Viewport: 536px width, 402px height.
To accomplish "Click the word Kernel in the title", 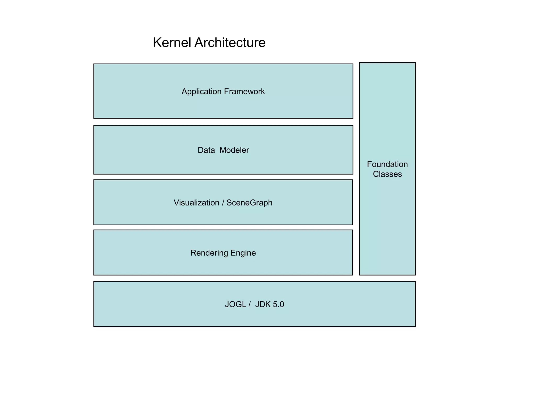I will pos(172,42).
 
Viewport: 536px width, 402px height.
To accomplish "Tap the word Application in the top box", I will pos(202,92).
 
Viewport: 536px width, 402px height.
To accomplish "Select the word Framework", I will pos(244,92).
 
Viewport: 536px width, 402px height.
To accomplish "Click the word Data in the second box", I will pos(206,150).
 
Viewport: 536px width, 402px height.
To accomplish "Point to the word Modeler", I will pos(234,150).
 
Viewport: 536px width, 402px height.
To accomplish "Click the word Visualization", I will pos(196,203).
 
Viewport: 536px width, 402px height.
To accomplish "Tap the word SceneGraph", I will pos(249,203).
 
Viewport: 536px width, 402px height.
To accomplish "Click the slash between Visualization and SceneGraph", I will pos(223,203).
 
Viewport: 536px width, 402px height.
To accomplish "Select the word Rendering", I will pos(209,253).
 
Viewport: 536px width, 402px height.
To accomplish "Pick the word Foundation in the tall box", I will pos(387,164).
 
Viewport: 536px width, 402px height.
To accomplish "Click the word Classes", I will pos(387,174).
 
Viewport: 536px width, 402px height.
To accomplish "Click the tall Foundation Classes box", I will pos(387,222).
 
